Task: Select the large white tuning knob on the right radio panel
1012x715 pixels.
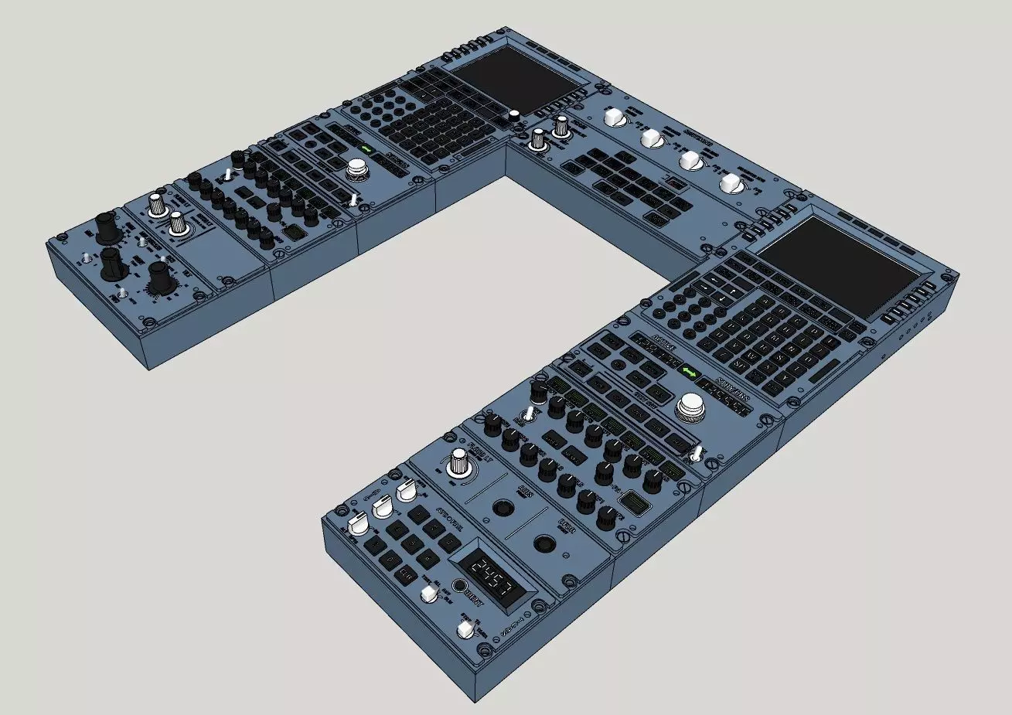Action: [690, 407]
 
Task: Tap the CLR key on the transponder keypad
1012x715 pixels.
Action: [405, 573]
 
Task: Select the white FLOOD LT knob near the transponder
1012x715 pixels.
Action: [460, 464]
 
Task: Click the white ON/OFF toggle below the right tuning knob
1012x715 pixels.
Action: [698, 454]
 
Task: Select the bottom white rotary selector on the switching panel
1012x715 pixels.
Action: [730, 184]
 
